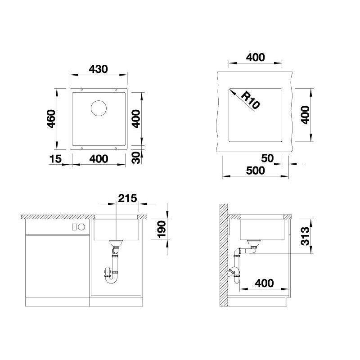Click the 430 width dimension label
point(98,69)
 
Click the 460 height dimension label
point(51,119)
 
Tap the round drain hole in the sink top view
point(99,108)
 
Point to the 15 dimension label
point(55,159)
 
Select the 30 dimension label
point(136,157)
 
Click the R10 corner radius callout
point(250,100)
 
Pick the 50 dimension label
point(267,158)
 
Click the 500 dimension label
point(255,171)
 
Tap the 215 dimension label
point(127,198)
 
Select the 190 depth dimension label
point(162,229)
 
